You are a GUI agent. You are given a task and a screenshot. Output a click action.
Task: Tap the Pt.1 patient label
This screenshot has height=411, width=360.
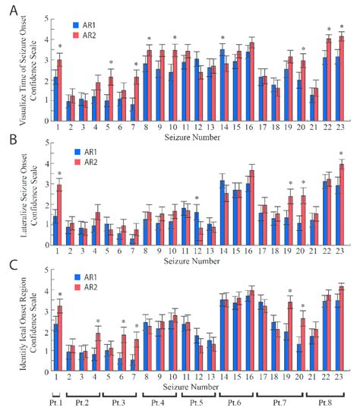pos(56,401)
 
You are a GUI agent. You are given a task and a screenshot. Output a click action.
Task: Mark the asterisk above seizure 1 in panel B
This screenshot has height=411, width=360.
pos(59,175)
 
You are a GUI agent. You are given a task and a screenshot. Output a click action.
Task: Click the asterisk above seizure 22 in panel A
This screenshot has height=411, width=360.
pos(328,30)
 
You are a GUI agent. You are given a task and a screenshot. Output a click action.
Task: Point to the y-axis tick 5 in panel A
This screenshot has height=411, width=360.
pos(45,18)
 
